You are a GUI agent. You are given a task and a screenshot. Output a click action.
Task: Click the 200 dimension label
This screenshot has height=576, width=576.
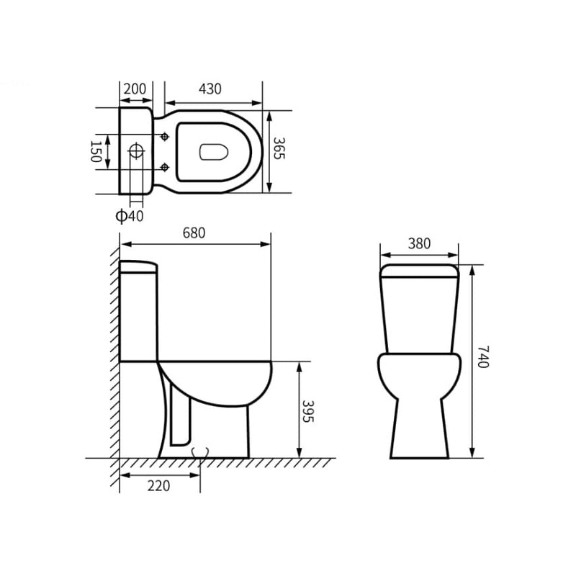point(135,89)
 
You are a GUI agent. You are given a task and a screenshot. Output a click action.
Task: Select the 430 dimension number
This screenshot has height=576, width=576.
point(210,89)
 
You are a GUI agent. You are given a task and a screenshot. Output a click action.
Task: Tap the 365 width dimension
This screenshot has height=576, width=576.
point(279,148)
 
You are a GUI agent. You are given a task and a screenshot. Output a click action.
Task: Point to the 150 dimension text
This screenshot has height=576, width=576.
point(95,151)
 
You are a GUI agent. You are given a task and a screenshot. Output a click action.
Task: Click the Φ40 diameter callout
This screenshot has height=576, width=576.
point(130,216)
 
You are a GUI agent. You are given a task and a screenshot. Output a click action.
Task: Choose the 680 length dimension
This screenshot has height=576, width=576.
point(194,233)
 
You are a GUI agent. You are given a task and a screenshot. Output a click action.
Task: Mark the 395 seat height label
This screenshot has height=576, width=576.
point(308,411)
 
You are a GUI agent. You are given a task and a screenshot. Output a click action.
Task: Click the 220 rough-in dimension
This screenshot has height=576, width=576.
point(158,486)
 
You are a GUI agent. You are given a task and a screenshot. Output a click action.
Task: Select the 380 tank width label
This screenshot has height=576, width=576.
point(419,243)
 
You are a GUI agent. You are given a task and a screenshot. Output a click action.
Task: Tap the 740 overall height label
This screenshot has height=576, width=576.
point(482,356)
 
